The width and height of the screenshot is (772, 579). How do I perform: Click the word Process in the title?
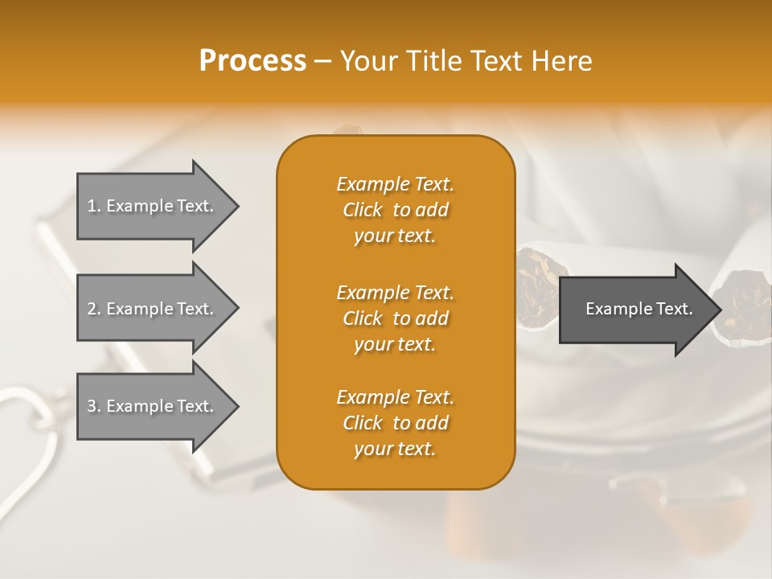(x=253, y=61)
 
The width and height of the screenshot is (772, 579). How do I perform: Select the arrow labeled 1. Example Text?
(x=153, y=206)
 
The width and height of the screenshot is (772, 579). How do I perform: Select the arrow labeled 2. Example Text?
(x=153, y=309)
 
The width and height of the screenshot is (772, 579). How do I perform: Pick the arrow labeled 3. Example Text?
(x=153, y=406)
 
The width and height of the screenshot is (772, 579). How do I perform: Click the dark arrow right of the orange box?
(x=635, y=310)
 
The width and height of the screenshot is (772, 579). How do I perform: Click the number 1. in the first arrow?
(x=94, y=206)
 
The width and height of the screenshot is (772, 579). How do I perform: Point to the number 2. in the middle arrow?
(x=94, y=309)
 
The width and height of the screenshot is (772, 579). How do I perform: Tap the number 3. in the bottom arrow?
(x=94, y=406)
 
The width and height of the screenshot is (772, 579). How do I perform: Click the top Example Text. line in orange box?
(x=395, y=184)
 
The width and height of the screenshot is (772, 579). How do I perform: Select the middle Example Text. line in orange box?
(x=395, y=292)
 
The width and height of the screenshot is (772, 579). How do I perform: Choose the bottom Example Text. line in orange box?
(x=395, y=397)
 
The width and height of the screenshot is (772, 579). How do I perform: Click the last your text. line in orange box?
(x=395, y=450)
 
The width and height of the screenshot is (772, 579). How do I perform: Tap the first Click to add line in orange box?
(x=395, y=210)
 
